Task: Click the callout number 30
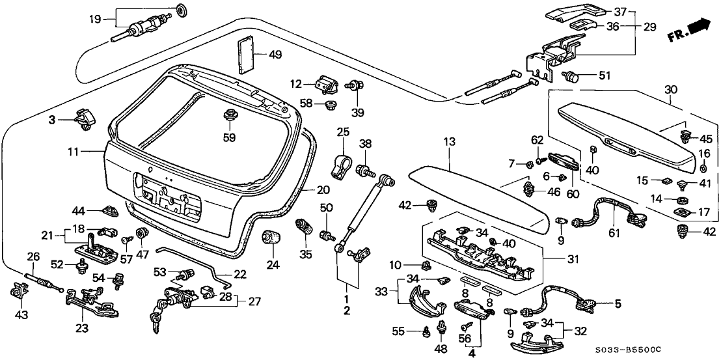coord(672,89)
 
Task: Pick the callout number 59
coord(229,137)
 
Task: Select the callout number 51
coord(605,76)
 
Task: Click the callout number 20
coord(323,190)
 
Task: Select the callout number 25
coord(343,133)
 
